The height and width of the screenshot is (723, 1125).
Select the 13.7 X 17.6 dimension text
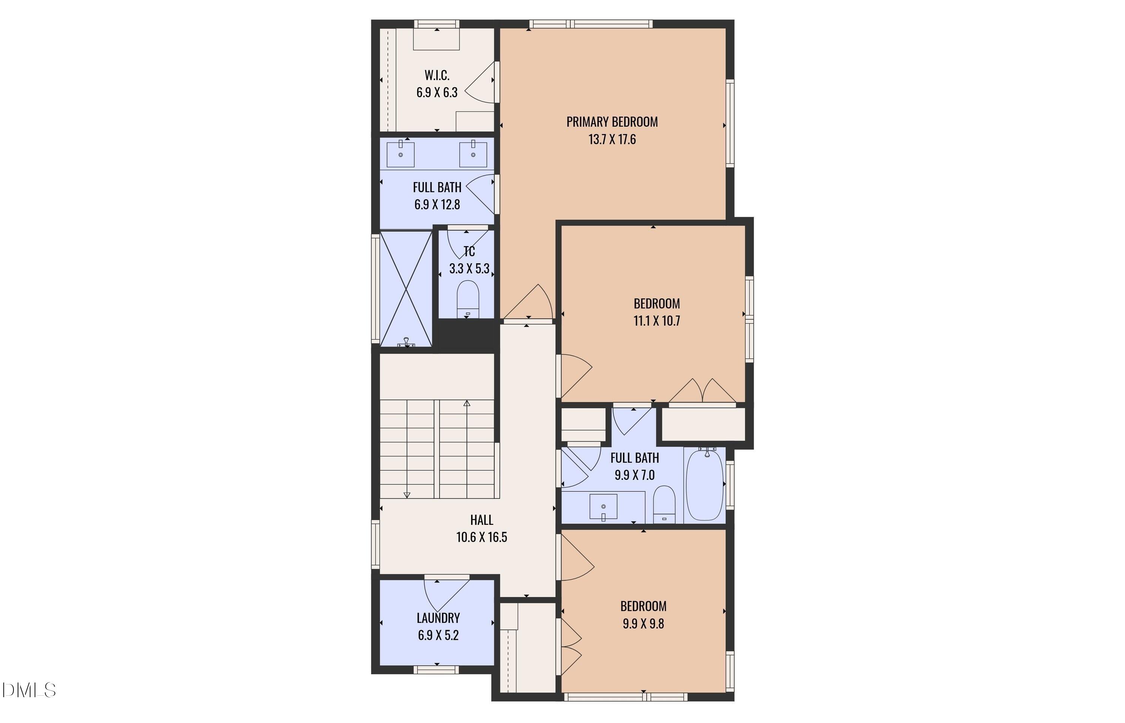612,139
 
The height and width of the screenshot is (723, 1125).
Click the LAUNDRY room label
438,618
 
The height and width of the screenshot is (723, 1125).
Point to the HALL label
481,520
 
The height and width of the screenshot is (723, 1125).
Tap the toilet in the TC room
468,299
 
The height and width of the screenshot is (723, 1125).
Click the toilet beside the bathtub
664,505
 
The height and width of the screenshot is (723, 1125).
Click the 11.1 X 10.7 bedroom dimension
657,321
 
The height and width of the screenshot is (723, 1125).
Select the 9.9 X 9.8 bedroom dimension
643,623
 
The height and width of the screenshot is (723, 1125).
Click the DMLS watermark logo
29,690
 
